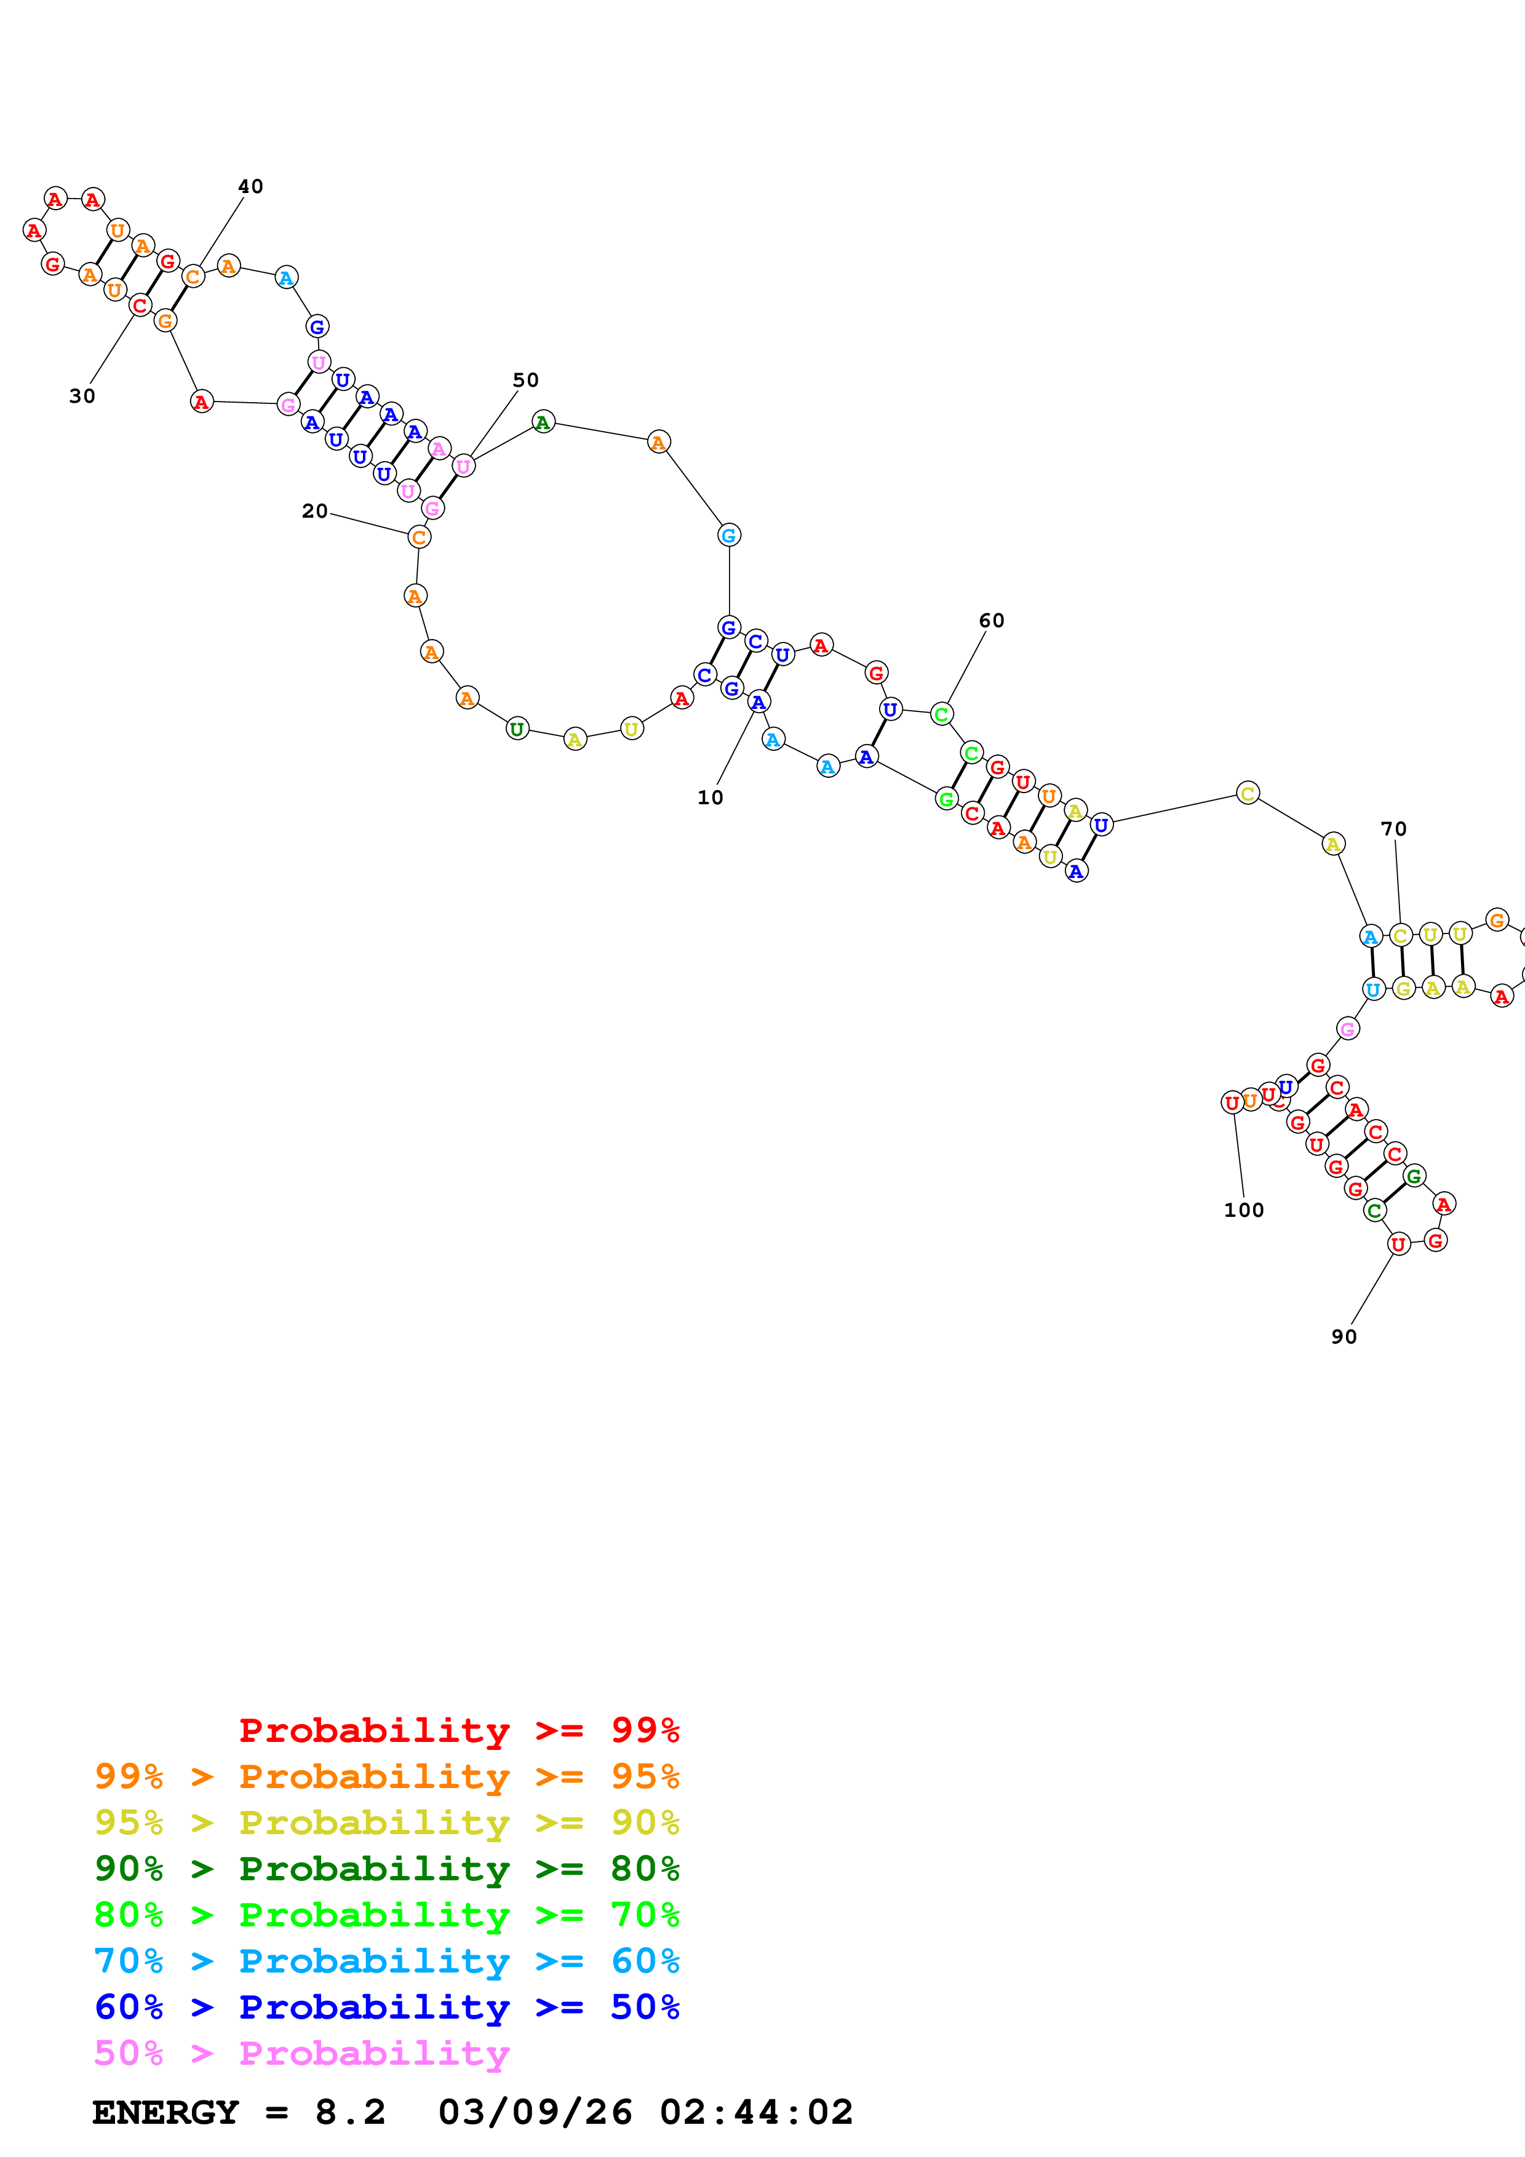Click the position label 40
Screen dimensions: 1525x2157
click(x=250, y=186)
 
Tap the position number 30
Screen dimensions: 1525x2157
click(x=82, y=395)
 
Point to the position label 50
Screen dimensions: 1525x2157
click(x=525, y=379)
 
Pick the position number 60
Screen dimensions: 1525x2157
click(x=990, y=620)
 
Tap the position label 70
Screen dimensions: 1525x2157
click(x=1393, y=829)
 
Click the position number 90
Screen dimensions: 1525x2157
click(x=1343, y=1336)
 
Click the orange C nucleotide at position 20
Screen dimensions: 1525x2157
click(x=419, y=537)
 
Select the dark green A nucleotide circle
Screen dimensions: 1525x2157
click(x=542, y=423)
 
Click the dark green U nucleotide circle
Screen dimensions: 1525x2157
click(x=517, y=729)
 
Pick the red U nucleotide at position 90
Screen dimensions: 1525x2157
click(x=1398, y=1245)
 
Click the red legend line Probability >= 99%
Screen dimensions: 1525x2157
click(x=458, y=1730)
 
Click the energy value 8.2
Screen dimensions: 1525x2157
click(x=349, y=2112)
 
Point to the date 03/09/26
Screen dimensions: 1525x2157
click(x=535, y=2112)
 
